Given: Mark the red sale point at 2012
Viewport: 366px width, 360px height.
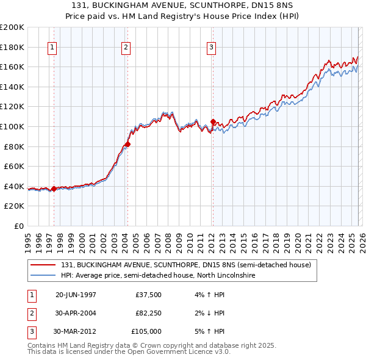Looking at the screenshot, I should click(x=213, y=121).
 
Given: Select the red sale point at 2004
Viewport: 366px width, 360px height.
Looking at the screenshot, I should click(x=128, y=144).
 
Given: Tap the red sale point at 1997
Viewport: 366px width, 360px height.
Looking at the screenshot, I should click(x=54, y=189).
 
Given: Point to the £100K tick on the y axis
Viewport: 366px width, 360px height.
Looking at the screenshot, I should click(x=13, y=126).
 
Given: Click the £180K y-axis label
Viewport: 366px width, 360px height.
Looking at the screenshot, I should click(x=13, y=47).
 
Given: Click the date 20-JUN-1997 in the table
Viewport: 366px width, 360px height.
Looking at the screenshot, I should click(x=76, y=295).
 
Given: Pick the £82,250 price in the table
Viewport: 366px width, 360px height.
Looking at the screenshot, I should click(x=148, y=313).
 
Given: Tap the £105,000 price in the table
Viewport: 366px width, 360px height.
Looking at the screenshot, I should click(x=147, y=331).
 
